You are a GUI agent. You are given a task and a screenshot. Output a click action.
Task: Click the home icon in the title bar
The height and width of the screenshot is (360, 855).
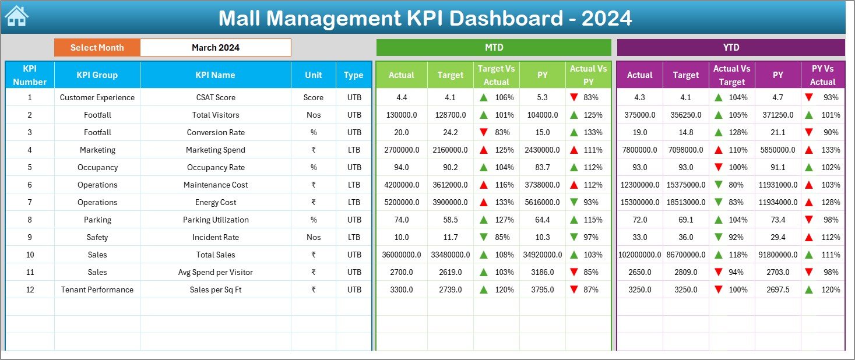coord(16,16)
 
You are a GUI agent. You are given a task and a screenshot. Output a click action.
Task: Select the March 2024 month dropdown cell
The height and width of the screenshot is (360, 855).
coord(215,48)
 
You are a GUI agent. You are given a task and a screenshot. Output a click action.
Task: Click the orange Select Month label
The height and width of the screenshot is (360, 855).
coord(97,48)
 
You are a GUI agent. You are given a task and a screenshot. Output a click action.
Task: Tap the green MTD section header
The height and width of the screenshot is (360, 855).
coord(494,48)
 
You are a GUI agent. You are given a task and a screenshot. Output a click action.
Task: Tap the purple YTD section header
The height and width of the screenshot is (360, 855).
coord(730,48)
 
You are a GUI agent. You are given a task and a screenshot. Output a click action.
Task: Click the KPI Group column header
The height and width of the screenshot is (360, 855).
coord(97,75)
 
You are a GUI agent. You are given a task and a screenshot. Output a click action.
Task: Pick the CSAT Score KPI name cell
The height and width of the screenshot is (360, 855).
coord(216,97)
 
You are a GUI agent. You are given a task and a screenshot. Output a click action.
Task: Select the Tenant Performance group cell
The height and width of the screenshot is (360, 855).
coord(97,290)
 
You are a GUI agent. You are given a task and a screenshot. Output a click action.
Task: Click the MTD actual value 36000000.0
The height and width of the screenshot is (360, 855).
coord(402,255)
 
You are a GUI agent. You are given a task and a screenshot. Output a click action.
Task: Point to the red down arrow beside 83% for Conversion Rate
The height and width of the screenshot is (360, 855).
coord(483,132)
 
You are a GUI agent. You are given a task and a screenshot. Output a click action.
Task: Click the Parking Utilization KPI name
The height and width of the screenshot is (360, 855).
coord(216,220)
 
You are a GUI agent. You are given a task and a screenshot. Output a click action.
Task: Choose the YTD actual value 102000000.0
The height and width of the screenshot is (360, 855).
coord(639,255)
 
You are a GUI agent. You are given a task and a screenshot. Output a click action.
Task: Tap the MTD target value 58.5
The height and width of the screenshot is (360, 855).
coord(450,220)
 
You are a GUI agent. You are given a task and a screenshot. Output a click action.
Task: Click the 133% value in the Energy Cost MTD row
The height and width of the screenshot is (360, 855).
coord(505,202)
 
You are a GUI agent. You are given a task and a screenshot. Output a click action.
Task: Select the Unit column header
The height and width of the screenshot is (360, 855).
coord(313,75)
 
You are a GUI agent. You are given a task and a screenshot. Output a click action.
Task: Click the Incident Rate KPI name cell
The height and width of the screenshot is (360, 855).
coord(216,237)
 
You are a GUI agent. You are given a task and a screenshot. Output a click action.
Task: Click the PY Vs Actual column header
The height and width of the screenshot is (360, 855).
coord(822,75)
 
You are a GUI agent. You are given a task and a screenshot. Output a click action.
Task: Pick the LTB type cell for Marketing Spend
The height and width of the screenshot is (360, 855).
coord(354,150)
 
